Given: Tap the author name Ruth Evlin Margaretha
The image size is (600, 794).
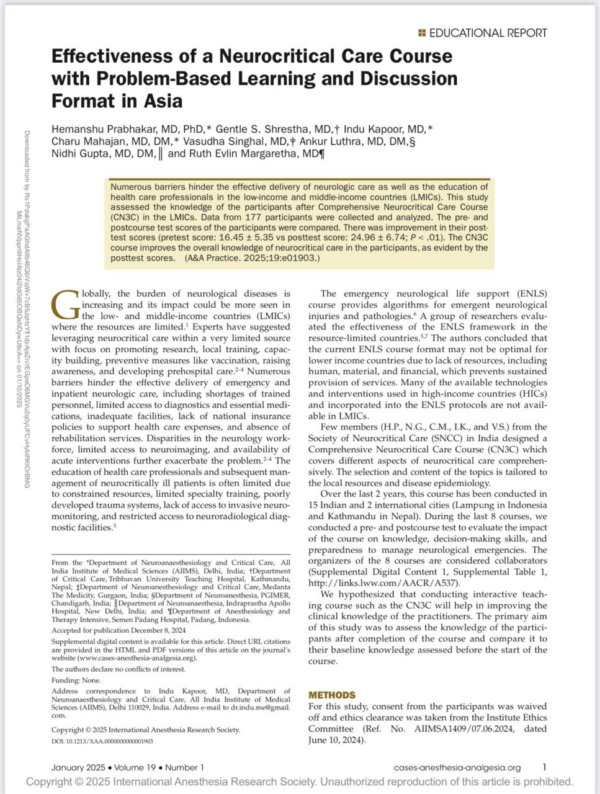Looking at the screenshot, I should [x=243, y=153].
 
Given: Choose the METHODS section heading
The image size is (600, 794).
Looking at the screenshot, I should [x=332, y=695].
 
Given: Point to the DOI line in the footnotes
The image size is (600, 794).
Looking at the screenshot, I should [x=102, y=741].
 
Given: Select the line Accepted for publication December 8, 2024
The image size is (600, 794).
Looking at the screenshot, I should [x=119, y=630].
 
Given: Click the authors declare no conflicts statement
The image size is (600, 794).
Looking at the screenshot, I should [x=118, y=669].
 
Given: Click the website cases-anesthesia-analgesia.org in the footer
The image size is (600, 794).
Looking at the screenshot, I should [x=457, y=767].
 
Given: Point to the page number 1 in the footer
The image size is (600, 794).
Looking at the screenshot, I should [x=544, y=767].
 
